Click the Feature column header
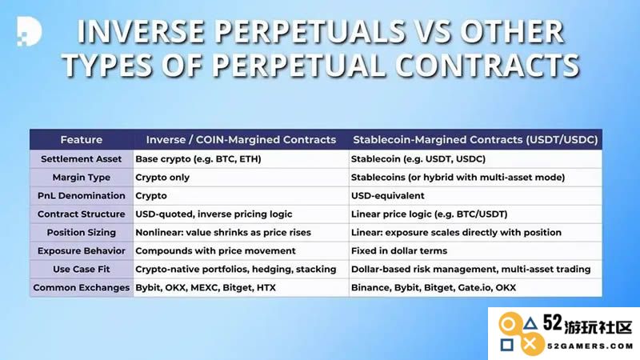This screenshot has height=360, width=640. (82, 139)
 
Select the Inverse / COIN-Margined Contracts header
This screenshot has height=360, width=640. (241, 139)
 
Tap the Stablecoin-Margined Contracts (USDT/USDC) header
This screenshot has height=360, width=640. (475, 139)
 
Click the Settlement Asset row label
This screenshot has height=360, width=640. (82, 158)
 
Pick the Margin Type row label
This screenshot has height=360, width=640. (82, 178)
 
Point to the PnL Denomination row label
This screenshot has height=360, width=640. (82, 195)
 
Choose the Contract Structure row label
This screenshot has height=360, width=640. (82, 214)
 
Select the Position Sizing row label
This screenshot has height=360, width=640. (82, 232)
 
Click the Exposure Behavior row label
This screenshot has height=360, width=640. (82, 250)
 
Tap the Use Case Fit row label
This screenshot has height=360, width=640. (82, 269)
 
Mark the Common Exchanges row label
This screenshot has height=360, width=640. (82, 287)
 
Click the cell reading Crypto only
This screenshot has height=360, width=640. (162, 178)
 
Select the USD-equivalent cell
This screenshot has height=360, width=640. (388, 195)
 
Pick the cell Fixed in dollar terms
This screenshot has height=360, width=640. (399, 250)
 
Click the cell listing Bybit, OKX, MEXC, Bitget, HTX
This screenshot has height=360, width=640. (206, 287)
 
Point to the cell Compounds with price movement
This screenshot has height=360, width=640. (215, 250)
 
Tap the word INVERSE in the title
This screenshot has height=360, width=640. (141, 31)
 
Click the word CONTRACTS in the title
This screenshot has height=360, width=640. (487, 66)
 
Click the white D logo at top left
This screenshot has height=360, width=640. (29, 31)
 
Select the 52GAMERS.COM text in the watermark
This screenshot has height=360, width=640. (590, 346)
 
